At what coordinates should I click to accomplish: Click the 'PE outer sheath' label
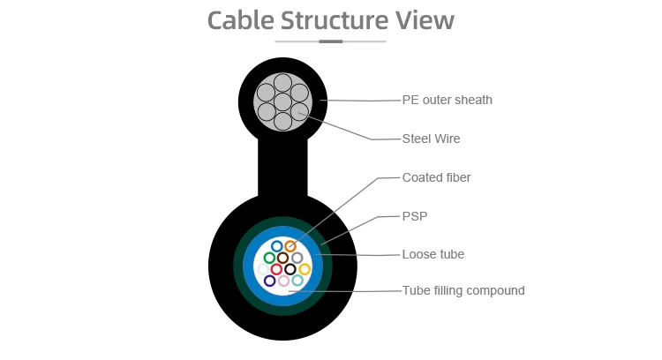(x=447, y=100)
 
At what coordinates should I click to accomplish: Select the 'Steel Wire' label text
(x=431, y=139)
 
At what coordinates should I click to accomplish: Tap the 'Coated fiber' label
(x=436, y=177)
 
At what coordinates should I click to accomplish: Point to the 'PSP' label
(x=415, y=214)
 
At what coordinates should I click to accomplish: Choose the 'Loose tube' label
(x=433, y=254)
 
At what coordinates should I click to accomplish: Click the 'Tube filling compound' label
(x=463, y=290)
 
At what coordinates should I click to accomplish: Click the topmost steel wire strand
(x=282, y=83)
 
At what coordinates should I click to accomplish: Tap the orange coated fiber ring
(x=290, y=246)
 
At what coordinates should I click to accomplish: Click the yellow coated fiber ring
(x=305, y=269)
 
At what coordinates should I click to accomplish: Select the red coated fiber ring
(x=276, y=269)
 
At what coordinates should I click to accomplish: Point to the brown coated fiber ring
(x=282, y=258)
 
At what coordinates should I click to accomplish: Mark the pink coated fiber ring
(x=283, y=281)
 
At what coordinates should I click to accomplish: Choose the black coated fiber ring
(x=290, y=269)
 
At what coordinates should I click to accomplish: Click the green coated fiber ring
(x=269, y=258)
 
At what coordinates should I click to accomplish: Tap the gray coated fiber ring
(x=297, y=258)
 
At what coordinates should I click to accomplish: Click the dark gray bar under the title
(x=330, y=41)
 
